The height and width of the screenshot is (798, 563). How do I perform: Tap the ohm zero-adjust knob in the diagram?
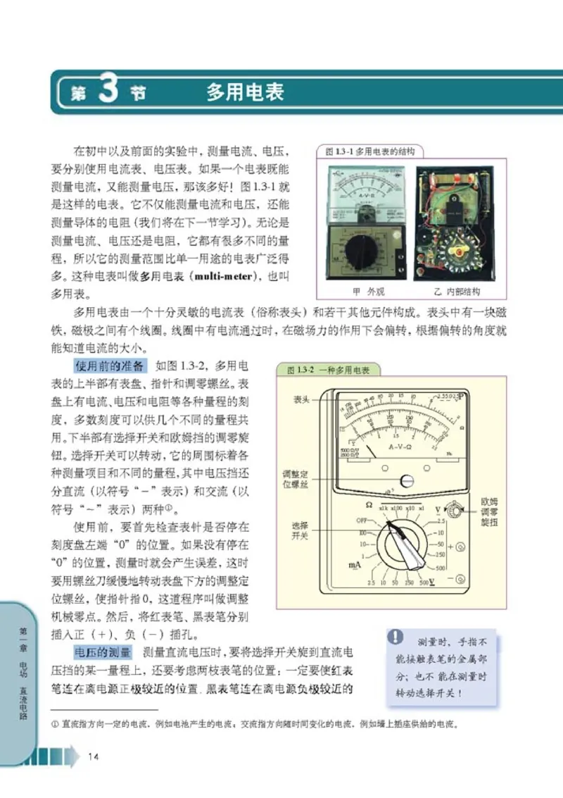coord(455,510)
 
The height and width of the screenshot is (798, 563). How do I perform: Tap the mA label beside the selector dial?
coord(355,565)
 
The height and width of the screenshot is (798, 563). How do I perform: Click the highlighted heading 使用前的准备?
coord(110,366)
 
